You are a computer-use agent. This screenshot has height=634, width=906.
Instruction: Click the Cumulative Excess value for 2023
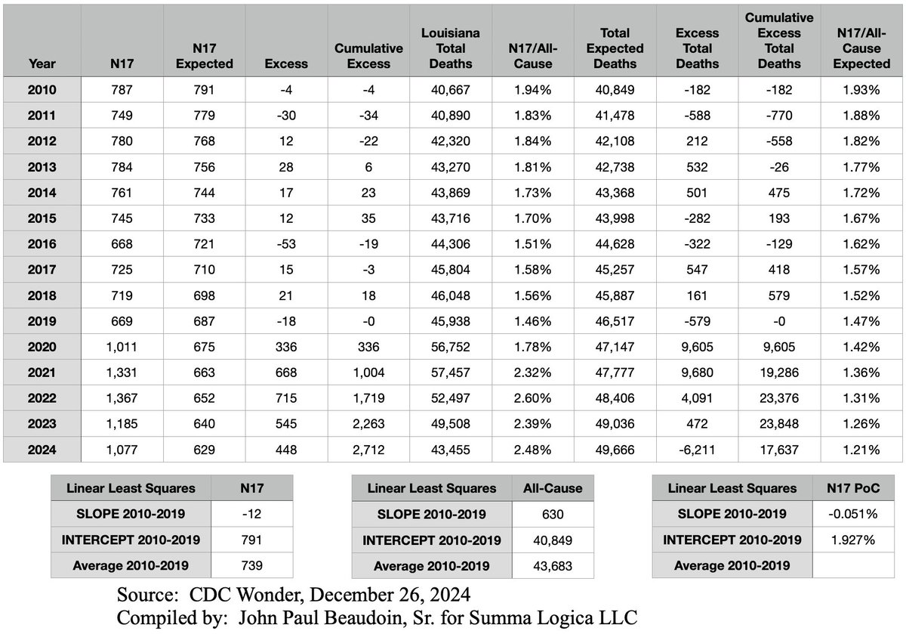[x=368, y=424]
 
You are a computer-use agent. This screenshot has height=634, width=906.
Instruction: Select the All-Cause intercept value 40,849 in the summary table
[x=553, y=540]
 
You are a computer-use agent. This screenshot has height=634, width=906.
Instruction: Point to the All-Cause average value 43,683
[x=553, y=566]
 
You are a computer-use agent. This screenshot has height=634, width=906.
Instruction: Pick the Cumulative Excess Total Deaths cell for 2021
[x=778, y=373]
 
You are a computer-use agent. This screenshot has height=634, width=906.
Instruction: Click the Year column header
[x=42, y=63]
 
